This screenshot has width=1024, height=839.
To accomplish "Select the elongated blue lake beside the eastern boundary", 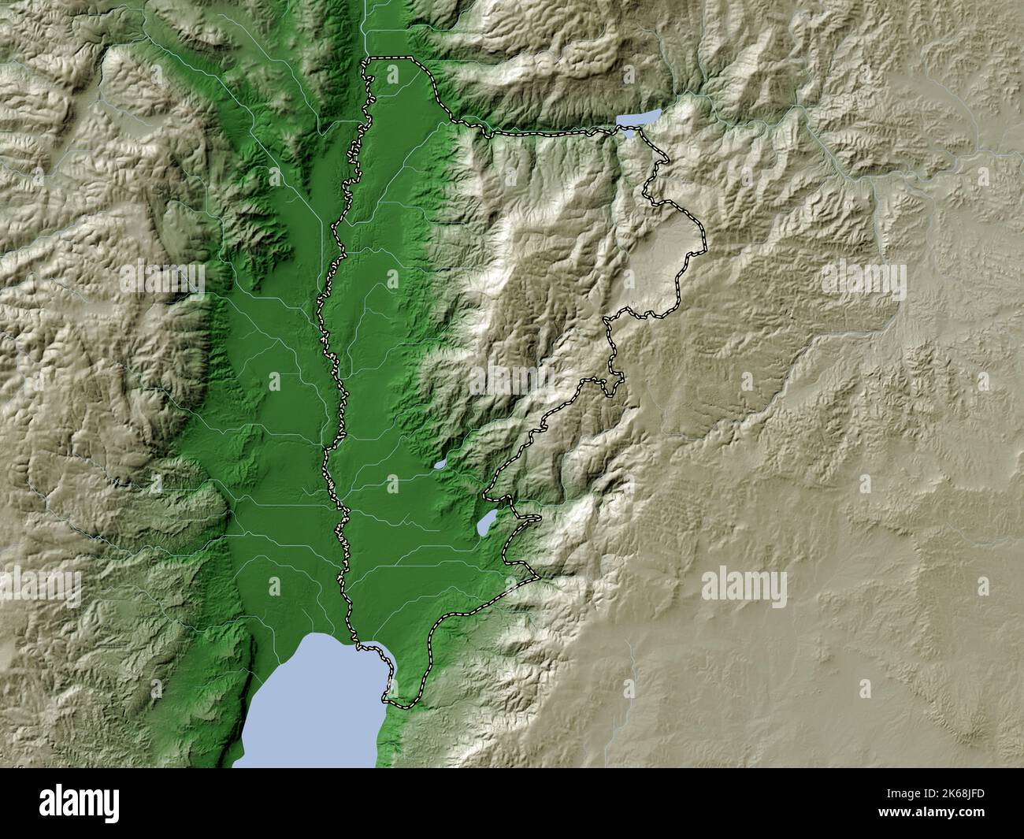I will (488, 523).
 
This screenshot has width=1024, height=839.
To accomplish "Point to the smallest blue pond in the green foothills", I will (440, 464).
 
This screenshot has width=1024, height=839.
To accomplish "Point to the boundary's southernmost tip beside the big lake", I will (386, 699).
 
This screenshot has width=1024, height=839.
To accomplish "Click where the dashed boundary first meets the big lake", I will (360, 647).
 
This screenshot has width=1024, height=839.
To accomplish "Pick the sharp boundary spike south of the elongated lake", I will (539, 578).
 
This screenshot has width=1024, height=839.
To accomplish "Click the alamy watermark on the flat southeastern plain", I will (743, 585).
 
